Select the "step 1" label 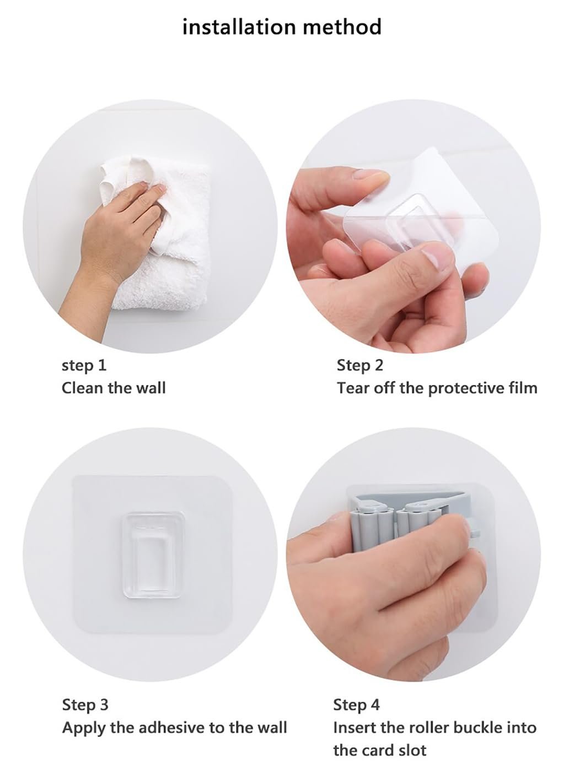tap(84, 366)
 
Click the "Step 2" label tap(360, 366)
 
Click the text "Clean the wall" tap(114, 388)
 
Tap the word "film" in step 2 tap(524, 388)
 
